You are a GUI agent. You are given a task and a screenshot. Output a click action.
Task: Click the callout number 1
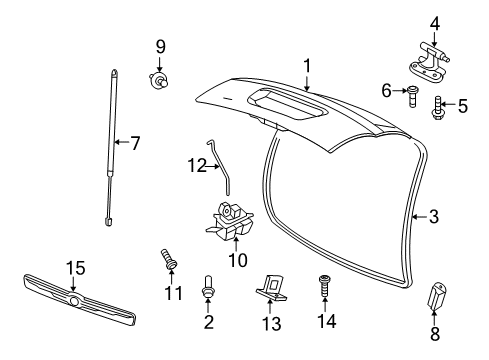pos(308,67)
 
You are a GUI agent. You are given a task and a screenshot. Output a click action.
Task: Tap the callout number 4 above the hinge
pos(434,24)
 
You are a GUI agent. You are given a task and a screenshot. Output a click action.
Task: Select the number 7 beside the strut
pos(135,143)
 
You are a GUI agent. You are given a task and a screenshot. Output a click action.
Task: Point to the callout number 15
pos(76,268)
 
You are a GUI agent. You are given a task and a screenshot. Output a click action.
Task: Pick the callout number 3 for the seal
pos(433,215)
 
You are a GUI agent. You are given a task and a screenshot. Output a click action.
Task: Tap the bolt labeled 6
pos(412,96)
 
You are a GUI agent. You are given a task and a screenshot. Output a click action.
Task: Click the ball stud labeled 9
pos(158,80)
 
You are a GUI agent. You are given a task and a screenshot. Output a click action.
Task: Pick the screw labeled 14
pos(324,287)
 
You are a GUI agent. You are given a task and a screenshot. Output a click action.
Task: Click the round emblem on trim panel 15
pos(74,300)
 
